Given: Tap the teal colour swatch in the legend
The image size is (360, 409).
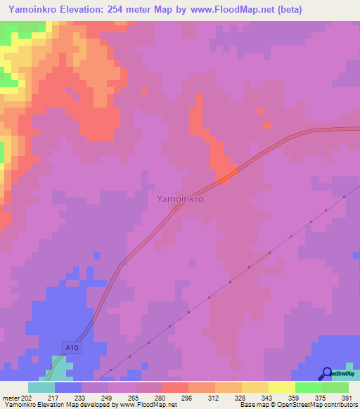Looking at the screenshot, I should click(41, 387).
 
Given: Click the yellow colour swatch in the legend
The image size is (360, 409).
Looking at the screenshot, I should click(281, 387).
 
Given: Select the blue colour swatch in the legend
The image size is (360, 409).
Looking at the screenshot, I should click(67, 387).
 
